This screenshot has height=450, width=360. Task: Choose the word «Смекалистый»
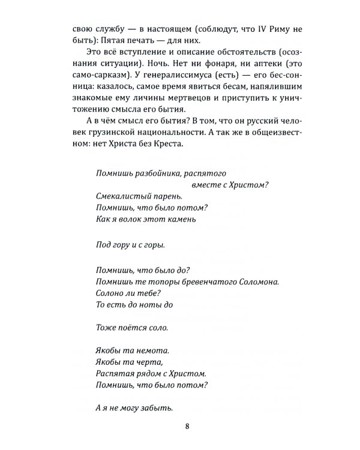click(x=124, y=196)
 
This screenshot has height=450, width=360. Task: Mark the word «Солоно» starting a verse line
click(x=112, y=293)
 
